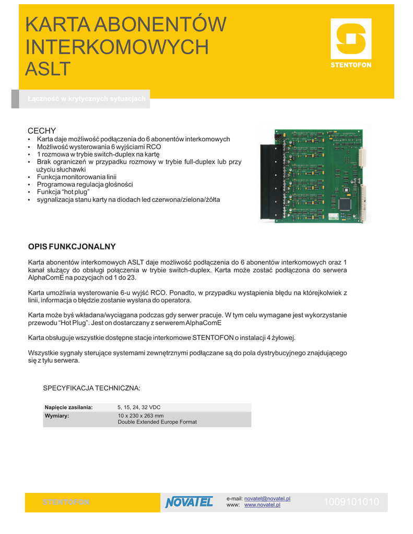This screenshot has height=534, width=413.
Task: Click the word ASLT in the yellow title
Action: point(48,68)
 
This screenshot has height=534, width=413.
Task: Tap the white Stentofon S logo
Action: point(350,39)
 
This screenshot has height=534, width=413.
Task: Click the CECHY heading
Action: point(41,130)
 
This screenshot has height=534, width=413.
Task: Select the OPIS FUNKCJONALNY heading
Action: point(72,246)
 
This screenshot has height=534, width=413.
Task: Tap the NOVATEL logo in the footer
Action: point(189,502)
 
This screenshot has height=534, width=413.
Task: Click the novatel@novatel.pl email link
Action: point(267,499)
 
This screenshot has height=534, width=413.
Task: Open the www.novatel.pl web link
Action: point(262,505)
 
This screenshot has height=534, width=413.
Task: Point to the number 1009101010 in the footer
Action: point(351,502)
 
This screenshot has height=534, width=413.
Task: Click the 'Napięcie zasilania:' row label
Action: point(68,407)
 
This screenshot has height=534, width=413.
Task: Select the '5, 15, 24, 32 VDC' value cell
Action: point(142,407)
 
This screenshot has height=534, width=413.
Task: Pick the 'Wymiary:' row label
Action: point(57,416)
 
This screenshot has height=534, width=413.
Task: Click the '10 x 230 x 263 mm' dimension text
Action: point(140,416)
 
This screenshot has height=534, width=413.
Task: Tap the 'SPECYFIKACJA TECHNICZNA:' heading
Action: point(91,389)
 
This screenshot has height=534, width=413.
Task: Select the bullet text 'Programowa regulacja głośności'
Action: point(85,184)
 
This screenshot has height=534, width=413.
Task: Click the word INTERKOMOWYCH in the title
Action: point(117,47)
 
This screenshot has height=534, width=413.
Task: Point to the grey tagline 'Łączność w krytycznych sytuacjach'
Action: point(86,99)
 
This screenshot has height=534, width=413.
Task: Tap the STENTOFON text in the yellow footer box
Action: point(66,502)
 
